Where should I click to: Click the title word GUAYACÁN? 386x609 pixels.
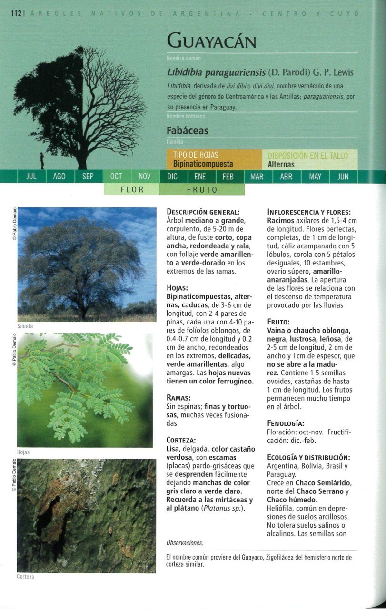(211, 42)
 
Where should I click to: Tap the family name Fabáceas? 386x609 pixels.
(188, 130)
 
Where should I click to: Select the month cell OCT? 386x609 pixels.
(116, 177)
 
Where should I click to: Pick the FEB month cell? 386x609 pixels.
(228, 177)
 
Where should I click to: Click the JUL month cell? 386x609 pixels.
(31, 177)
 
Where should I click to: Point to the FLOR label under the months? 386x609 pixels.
(132, 189)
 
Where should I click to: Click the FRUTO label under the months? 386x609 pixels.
(202, 189)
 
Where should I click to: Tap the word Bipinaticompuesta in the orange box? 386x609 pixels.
(203, 164)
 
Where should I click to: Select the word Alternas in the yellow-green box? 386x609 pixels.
(281, 165)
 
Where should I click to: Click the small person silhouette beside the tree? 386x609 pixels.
(42, 160)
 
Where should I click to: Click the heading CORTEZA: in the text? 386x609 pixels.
(181, 440)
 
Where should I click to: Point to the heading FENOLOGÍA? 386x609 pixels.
(286, 423)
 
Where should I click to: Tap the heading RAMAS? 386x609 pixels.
(179, 397)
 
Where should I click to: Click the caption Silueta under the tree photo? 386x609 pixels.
(25, 326)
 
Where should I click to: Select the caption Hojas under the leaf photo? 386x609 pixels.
(23, 452)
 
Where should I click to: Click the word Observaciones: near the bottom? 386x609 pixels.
(185, 543)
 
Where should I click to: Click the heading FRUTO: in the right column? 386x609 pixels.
(279, 321)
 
